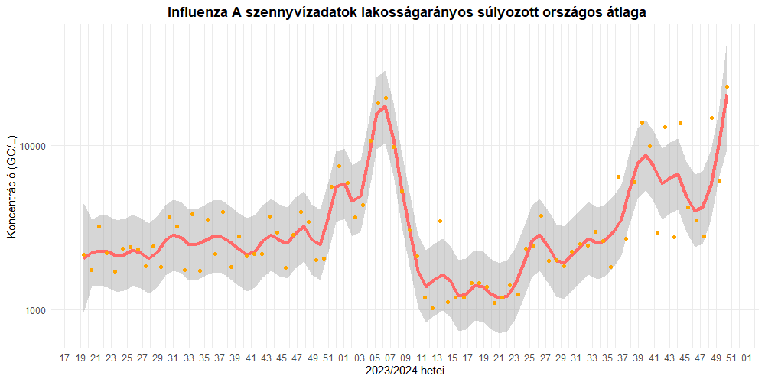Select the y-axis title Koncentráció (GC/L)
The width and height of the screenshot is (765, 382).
[11, 186]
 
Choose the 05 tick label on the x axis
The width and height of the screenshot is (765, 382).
[375, 358]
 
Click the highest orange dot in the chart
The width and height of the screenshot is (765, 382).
[727, 87]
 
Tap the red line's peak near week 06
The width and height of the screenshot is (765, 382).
[386, 107]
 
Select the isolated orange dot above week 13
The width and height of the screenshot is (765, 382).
[440, 221]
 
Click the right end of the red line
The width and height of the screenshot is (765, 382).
[727, 95]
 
